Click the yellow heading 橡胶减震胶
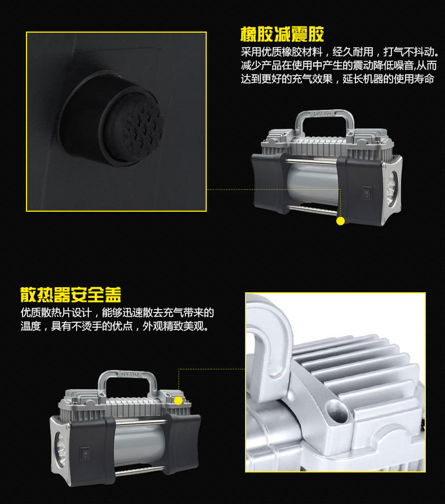(x=282, y=34)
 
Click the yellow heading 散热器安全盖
(x=71, y=295)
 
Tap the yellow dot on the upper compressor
(x=340, y=221)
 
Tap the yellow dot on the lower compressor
(x=178, y=400)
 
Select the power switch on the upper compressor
(x=367, y=193)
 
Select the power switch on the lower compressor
(x=85, y=453)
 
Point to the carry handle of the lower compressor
(x=127, y=382)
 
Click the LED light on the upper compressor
(x=393, y=189)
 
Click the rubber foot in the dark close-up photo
(x=113, y=118)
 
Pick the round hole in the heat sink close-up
(x=337, y=412)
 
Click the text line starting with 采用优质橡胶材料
(x=340, y=52)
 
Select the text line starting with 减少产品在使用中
(x=339, y=65)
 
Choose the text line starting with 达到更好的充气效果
(x=337, y=79)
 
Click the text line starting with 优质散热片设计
(x=117, y=313)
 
